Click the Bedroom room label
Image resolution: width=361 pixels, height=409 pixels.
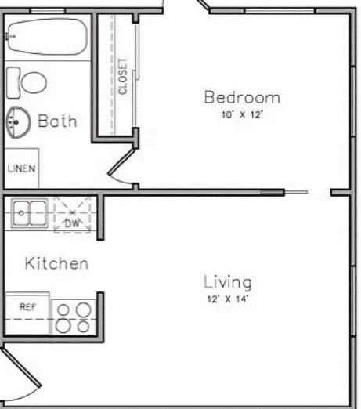pyautogui.click(x=241, y=98)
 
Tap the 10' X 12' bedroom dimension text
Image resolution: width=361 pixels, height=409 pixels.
pyautogui.click(x=241, y=114)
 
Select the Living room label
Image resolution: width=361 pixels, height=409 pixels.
pyautogui.click(x=228, y=282)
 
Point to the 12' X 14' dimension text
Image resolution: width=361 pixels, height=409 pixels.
pyautogui.click(x=228, y=299)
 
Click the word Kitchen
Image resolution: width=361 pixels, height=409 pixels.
pyautogui.click(x=56, y=262)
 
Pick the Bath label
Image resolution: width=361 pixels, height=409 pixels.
pyautogui.click(x=58, y=121)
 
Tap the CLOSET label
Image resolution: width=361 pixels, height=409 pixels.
pyautogui.click(x=123, y=77)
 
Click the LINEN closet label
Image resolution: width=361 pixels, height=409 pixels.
pyautogui.click(x=21, y=168)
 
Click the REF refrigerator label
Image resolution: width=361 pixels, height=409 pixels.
pyautogui.click(x=27, y=307)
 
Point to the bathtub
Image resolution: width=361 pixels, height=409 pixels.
pyautogui.click(x=45, y=37)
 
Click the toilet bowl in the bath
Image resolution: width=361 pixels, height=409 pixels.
pyautogui.click(x=33, y=81)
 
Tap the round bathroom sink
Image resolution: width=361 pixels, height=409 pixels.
pyautogui.click(x=16, y=121)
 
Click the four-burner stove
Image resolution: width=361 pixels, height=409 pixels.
pyautogui.click(x=74, y=317)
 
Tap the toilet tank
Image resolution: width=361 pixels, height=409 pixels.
pyautogui.click(x=13, y=81)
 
